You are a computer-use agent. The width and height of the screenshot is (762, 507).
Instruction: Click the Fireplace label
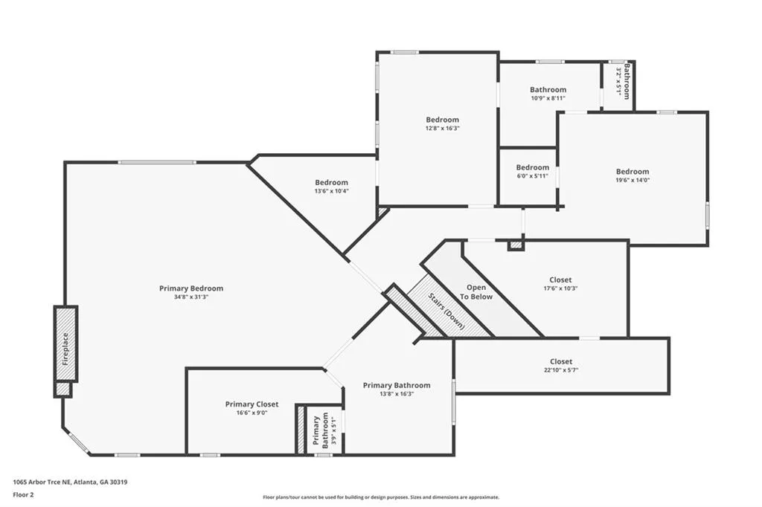pyautogui.click(x=65, y=349)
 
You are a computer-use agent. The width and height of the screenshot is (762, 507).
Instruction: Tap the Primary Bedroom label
pyautogui.click(x=191, y=288)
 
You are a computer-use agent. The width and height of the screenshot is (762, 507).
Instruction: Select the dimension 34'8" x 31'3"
pyautogui.click(x=191, y=297)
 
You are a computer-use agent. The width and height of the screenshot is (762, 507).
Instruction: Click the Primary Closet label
pyautogui.click(x=252, y=404)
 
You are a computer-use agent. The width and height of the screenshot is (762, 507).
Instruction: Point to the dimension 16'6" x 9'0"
pyautogui.click(x=252, y=413)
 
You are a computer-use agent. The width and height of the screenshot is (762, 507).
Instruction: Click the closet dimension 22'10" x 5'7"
pyautogui.click(x=561, y=370)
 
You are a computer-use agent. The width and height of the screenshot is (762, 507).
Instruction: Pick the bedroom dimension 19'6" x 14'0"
pyautogui.click(x=633, y=180)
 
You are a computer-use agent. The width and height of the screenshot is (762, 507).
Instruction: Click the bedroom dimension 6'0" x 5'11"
pyautogui.click(x=532, y=176)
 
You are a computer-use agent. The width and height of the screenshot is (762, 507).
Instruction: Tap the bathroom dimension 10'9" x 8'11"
pyautogui.click(x=548, y=98)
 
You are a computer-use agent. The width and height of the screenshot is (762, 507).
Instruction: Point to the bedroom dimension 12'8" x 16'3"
pyautogui.click(x=442, y=128)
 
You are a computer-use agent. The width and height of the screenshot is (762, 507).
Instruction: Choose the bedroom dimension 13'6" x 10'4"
pyautogui.click(x=331, y=191)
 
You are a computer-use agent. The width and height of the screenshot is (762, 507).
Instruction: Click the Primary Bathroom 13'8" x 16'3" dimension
pyautogui.click(x=397, y=394)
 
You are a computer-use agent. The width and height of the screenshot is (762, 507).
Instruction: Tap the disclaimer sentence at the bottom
pyautogui.click(x=381, y=497)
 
